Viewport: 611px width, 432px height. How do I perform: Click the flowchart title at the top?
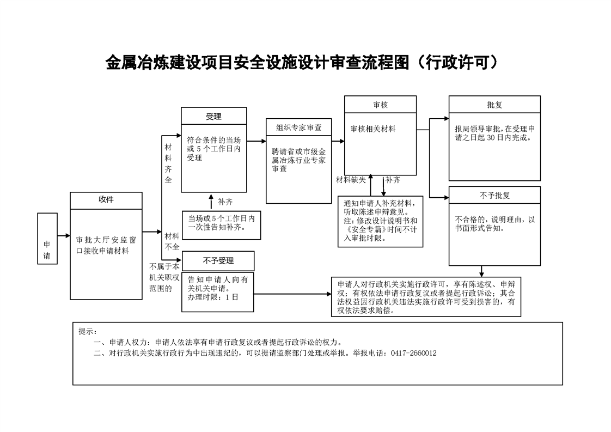point(302,63)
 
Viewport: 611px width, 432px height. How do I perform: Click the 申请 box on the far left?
point(47,239)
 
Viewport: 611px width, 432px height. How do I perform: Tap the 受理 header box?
point(214,116)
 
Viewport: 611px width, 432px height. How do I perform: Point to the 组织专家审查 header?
point(299,127)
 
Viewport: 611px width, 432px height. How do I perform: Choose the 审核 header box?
point(380,105)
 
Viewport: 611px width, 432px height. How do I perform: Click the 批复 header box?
point(494,105)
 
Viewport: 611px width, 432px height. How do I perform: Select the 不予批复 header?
point(494,195)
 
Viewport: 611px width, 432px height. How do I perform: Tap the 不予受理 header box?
point(218,261)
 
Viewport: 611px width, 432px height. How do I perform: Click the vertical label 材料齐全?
point(168,163)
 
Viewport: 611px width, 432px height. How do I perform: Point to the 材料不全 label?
point(172,241)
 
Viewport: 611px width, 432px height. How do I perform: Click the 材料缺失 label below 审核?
point(351,180)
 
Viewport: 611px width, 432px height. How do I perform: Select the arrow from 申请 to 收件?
point(64,235)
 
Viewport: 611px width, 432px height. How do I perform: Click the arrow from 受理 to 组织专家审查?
point(256,141)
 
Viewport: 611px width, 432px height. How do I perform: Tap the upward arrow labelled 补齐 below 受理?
point(211,202)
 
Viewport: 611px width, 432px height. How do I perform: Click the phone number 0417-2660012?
point(413,353)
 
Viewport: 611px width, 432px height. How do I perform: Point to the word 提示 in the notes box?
point(86,331)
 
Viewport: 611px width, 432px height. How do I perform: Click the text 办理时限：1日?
point(213,297)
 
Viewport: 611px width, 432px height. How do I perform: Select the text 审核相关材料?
point(373,129)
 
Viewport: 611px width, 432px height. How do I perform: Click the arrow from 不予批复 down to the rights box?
point(481,271)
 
